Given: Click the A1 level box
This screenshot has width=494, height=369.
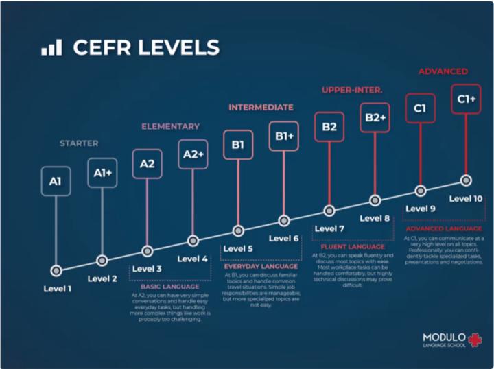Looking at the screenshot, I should click(56, 181).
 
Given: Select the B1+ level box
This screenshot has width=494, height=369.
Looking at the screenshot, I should click(284, 136).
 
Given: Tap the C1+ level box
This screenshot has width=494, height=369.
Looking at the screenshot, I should click(467, 99).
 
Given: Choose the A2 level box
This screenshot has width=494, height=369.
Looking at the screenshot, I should click(147, 164).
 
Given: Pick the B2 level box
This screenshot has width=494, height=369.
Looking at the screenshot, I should click(329, 127).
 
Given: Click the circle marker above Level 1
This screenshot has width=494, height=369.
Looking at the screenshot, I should click(56, 270).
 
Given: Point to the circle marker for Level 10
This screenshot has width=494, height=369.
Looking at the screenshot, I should click(467, 180).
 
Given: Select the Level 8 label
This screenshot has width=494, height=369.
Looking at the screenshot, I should click(375, 218).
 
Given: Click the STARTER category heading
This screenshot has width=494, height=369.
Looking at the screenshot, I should click(79, 143).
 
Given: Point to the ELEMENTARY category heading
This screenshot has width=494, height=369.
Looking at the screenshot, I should click(170, 126).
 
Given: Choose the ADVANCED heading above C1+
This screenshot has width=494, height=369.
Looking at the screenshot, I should click(443, 71).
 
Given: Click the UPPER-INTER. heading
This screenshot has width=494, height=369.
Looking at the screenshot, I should click(352, 90).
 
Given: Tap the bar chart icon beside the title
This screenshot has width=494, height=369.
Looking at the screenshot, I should click(51, 47).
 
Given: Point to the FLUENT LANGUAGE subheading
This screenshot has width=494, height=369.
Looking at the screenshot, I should click(352, 246).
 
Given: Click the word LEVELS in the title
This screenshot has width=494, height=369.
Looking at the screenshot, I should click(178, 47).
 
